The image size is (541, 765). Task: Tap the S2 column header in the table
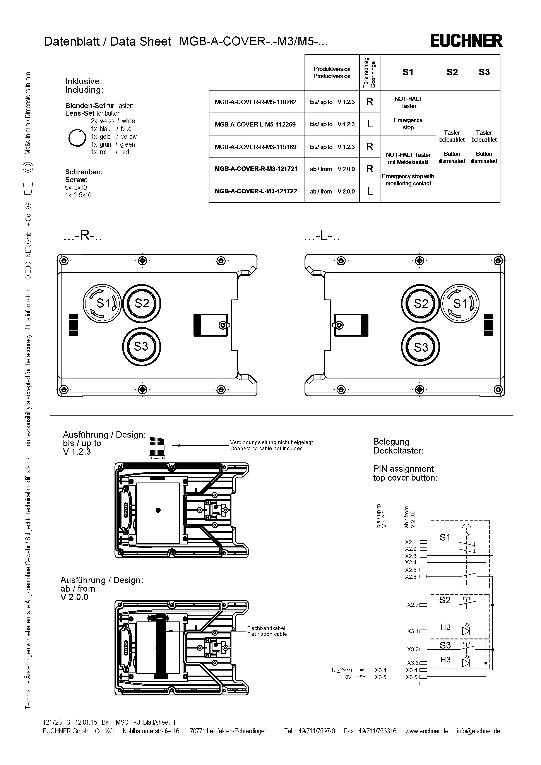coord(452,72)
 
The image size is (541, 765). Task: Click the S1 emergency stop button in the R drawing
coord(102,303)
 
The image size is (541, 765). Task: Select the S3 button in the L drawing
coord(420,347)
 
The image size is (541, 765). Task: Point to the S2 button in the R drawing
coord(142,303)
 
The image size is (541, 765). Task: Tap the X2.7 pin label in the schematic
coord(413,605)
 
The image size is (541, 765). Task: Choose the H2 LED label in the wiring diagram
coord(445,627)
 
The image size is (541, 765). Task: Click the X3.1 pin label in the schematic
coord(413,631)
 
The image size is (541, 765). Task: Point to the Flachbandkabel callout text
coord(266,628)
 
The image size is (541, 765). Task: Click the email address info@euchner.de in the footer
coord(478,731)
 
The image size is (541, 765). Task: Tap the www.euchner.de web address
coord(426,731)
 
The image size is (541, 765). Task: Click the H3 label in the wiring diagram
coord(445,660)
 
